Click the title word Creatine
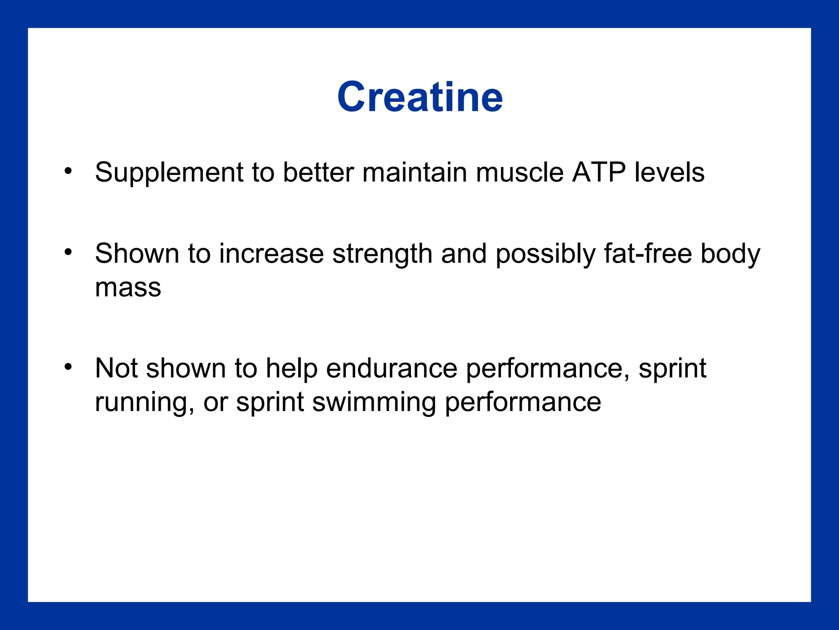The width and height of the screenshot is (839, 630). coord(420,97)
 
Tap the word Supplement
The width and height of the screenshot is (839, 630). coord(170,173)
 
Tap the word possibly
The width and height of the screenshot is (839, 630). coord(545,254)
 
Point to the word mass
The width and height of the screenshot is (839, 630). coord(128,288)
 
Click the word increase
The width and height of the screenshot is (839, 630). coord(271,253)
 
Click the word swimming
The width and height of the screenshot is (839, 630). coord(374,402)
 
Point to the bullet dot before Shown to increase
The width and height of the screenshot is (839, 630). coord(68,252)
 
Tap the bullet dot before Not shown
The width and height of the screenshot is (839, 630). coord(68,366)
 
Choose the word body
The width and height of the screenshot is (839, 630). coord(730,254)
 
